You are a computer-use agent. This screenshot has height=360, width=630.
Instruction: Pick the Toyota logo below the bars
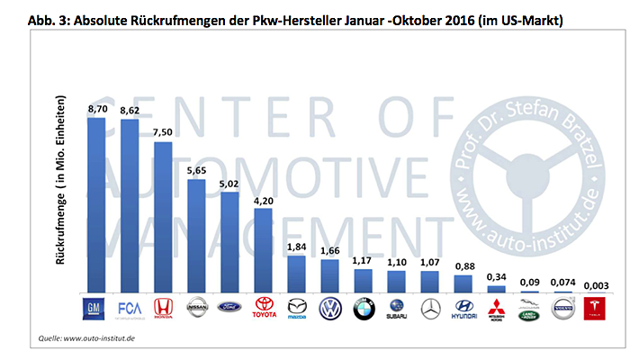265,310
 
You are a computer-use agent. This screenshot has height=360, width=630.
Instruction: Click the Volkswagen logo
331,310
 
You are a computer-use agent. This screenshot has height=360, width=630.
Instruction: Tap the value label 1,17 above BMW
364,261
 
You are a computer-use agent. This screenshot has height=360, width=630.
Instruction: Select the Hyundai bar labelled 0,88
463,286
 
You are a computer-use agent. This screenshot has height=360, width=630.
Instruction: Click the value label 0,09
531,282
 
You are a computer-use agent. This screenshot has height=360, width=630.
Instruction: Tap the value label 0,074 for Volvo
564,282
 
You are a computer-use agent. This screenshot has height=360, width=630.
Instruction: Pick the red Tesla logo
598,310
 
